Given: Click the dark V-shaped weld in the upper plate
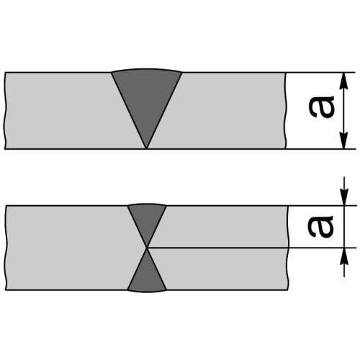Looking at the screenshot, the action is coord(147,101).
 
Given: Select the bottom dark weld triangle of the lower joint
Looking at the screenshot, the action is coord(147,276).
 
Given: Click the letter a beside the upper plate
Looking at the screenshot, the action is coord(322,107).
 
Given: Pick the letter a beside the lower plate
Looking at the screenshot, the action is coord(321,226).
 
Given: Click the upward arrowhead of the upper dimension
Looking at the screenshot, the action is coord(344,81).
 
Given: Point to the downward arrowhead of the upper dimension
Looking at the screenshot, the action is coord(344,140).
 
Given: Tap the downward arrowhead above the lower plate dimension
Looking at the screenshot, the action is coord(344,197).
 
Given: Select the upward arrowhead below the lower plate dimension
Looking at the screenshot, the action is coord(344,256).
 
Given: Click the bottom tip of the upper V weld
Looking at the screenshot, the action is coord(147,148).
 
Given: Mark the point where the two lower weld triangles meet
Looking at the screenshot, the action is coord(147,248).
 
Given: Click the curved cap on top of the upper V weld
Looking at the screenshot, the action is coord(147,70).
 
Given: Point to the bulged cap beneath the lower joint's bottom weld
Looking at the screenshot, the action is coord(147,291).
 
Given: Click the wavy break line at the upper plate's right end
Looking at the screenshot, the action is coord(286,111).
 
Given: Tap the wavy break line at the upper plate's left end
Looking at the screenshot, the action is coord(5,111).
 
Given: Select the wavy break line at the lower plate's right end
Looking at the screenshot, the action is coord(288,248).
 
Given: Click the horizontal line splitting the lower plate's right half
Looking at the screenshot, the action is coord(217,248).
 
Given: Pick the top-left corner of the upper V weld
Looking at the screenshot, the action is coord(112,72).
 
